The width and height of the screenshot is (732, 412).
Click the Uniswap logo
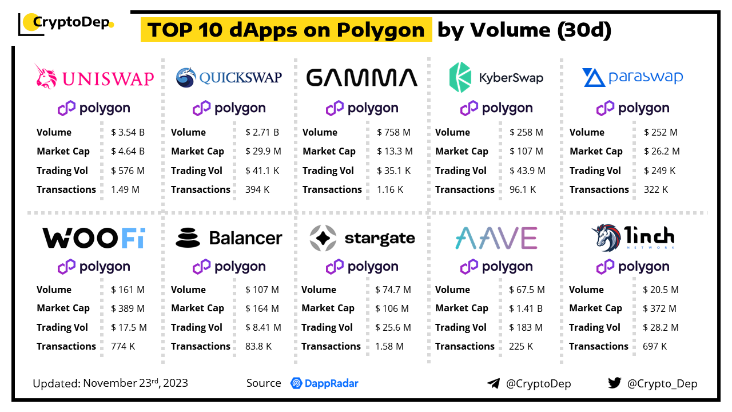(95, 77)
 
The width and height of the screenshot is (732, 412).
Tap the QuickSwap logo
(229, 77)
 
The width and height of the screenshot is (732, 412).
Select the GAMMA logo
(362, 77)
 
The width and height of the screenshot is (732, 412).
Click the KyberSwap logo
(496, 77)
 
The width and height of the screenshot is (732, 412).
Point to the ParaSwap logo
(632, 77)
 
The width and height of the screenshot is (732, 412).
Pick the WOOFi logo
(94, 238)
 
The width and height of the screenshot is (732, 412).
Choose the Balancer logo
(229, 238)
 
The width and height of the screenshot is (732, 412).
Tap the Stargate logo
(362, 238)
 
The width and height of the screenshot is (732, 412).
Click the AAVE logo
(496, 238)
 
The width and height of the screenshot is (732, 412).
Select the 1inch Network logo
(633, 237)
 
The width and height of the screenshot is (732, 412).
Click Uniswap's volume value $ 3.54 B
(128, 132)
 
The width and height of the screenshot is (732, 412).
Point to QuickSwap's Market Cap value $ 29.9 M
(263, 151)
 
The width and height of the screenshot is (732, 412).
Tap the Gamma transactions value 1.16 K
(390, 189)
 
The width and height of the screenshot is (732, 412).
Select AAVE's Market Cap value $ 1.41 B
(527, 308)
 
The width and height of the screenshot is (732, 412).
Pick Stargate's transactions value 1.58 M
(389, 346)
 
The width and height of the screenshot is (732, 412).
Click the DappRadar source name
(324, 383)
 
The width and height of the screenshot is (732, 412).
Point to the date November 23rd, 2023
(136, 383)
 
